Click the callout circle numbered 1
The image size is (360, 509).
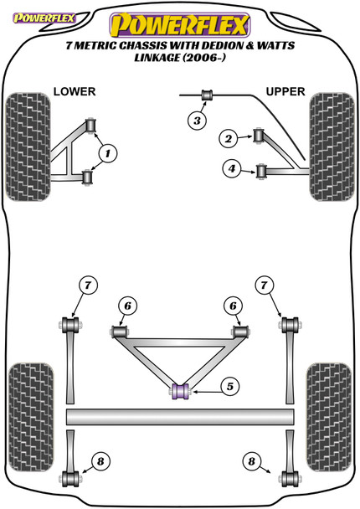pos(109,152)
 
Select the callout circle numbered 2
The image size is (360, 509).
pos(227,138)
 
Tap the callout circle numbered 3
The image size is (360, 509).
pos(196,121)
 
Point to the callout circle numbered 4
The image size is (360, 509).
pos(230,170)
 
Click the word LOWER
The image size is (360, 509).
pos(75,90)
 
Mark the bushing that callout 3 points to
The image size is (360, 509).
pos(208,94)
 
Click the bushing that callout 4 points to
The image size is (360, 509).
pos(260,172)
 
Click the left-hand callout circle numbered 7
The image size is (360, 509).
pos(88,286)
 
